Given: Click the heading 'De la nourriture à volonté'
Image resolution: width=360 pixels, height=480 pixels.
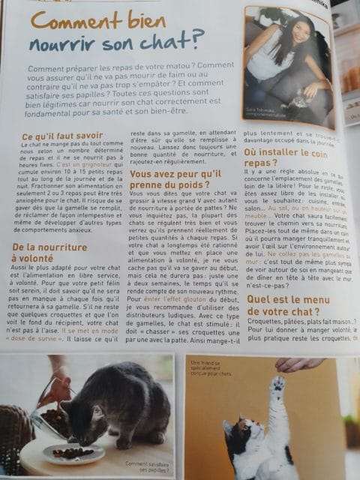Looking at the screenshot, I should coord(49,252).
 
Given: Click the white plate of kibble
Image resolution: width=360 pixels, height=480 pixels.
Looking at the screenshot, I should coord(73,454).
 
